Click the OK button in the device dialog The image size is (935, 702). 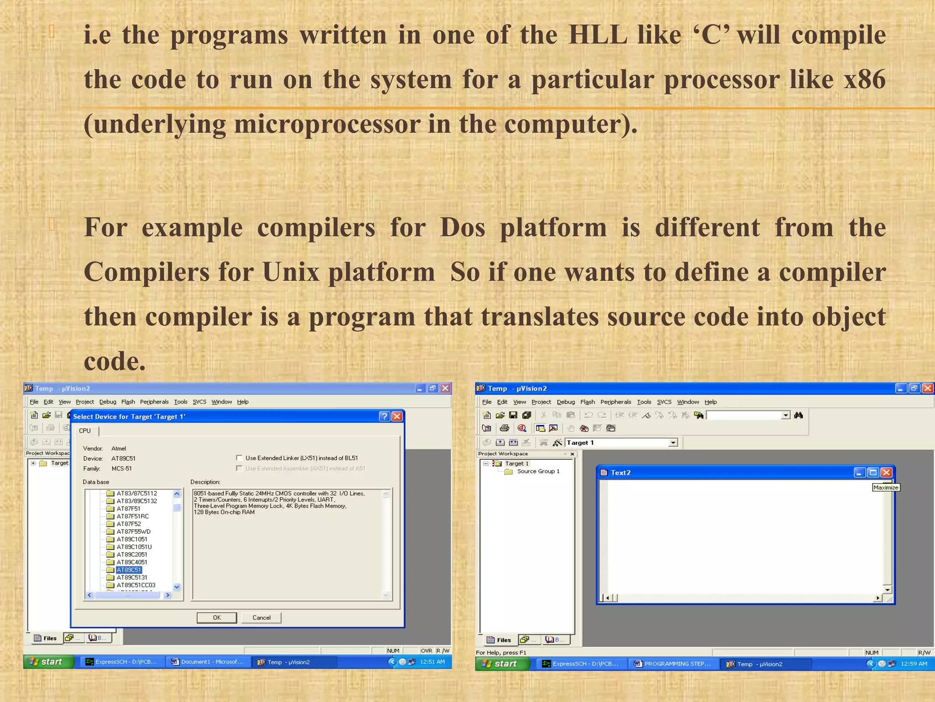216,617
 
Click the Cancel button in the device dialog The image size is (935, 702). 261,617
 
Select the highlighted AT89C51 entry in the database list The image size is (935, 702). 129,570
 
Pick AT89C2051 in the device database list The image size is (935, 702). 131,554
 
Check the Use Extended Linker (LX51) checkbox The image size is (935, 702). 239,458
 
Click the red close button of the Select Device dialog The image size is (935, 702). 397,416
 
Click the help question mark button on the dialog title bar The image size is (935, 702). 384,416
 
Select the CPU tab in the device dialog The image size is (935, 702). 85,431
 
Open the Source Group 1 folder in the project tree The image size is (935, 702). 538,471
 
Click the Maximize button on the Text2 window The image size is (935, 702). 873,473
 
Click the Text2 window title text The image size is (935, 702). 620,473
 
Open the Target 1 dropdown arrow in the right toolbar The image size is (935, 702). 673,442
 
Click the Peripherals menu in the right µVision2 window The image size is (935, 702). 615,402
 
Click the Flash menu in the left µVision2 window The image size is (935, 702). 128,402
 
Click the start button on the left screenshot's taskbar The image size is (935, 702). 48,662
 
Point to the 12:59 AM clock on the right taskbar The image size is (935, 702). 914,664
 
